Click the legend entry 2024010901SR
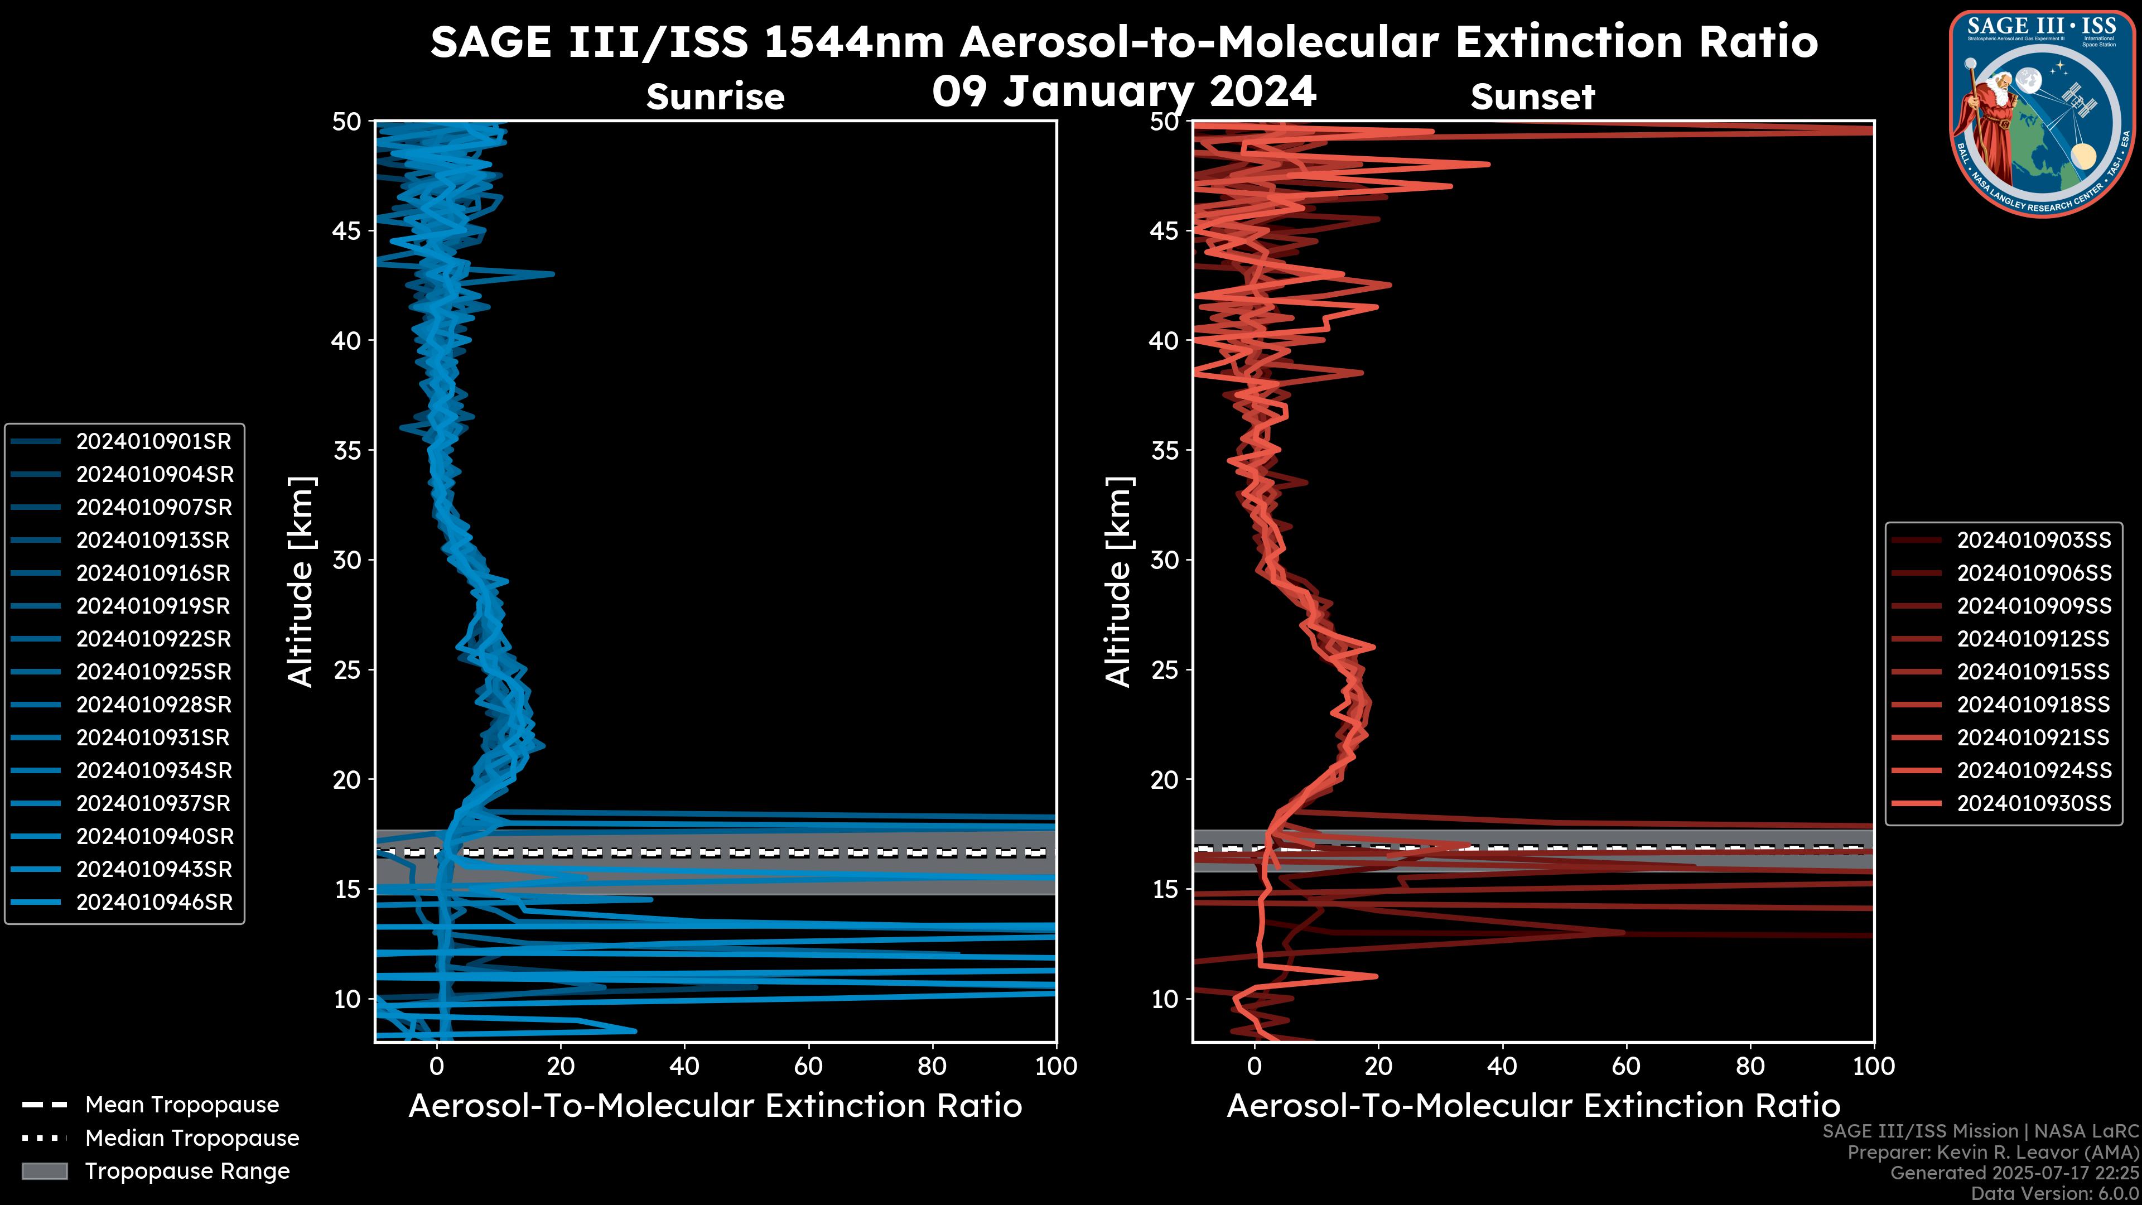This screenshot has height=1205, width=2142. [154, 442]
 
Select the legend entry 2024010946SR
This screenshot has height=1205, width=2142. [154, 902]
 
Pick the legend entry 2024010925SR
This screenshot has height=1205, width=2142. [154, 672]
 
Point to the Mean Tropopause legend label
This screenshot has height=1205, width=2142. [182, 1105]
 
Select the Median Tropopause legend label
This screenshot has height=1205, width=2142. [192, 1139]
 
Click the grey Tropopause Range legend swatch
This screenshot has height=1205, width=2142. [44, 1172]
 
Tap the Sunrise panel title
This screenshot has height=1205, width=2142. [715, 97]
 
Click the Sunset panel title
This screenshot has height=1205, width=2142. [1532, 97]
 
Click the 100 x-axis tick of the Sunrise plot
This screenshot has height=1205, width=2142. [1055, 1066]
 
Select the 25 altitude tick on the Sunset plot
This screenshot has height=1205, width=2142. [1165, 670]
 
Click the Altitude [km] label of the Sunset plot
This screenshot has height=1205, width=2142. [1118, 581]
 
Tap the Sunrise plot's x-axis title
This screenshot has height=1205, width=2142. [715, 1106]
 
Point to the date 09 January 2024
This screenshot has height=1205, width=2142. [1124, 91]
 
